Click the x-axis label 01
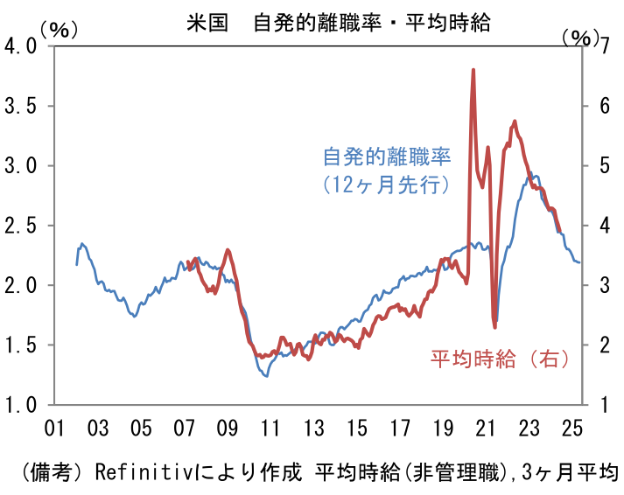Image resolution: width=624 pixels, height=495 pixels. (x=54, y=428)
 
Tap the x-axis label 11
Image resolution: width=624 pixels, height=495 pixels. (x=270, y=428)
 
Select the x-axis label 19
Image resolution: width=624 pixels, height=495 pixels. (x=442, y=428)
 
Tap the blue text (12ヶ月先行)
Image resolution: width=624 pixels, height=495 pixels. (x=386, y=185)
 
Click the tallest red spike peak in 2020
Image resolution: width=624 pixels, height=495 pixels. (x=473, y=70)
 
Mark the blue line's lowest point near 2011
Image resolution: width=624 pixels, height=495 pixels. (x=265, y=375)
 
